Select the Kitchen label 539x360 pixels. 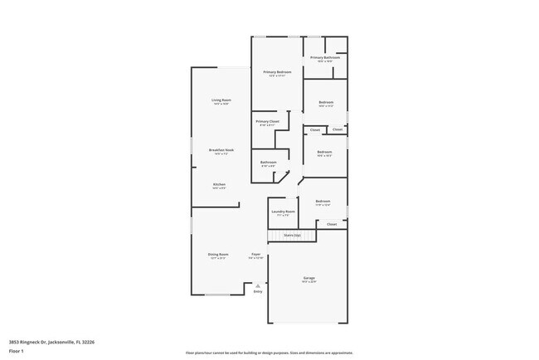click(x=220, y=185)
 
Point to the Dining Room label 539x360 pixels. click(x=219, y=255)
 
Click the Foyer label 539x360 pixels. click(x=256, y=255)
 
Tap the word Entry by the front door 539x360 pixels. click(x=258, y=292)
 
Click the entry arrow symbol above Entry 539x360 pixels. click(x=258, y=285)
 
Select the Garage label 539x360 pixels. click(x=308, y=279)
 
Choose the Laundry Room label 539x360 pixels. click(x=284, y=212)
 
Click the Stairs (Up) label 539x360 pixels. click(x=293, y=236)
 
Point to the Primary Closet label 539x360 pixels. click(x=268, y=123)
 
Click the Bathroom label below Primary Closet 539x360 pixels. click(x=269, y=163)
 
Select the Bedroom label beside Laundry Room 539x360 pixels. click(x=323, y=202)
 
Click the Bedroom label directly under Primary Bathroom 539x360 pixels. click(x=326, y=104)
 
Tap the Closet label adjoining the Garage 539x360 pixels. click(x=332, y=224)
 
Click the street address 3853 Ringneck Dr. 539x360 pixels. click(x=51, y=341)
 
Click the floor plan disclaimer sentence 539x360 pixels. click(x=269, y=353)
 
